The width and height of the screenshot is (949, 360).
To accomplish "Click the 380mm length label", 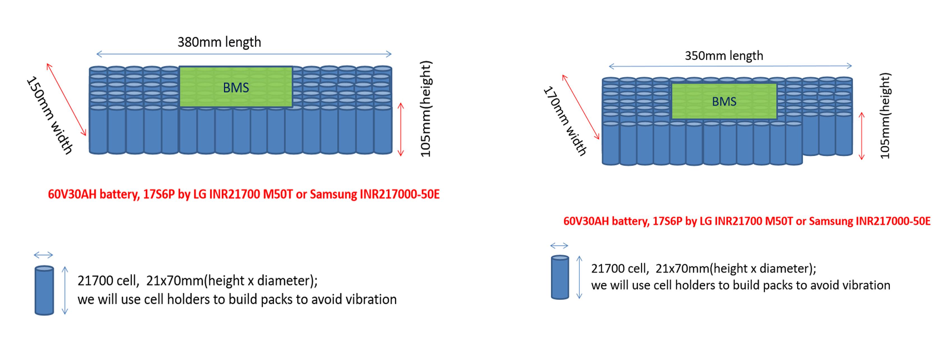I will point(219,42).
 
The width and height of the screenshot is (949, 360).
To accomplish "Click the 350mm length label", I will point(724,56).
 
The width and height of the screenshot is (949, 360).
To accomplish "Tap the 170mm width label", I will point(565,121).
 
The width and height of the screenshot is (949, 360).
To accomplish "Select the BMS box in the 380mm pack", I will point(236,87).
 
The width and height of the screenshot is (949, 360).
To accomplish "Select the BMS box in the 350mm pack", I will point(724,101).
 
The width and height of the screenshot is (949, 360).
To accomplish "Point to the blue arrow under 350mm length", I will point(730,66).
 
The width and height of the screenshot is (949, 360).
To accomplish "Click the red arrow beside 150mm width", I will point(66,99).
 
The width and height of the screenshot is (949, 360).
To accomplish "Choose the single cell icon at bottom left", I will point(44,290).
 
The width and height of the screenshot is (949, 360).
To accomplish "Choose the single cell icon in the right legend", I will point(560,277).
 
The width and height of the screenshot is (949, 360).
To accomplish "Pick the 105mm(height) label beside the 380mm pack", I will point(426,109).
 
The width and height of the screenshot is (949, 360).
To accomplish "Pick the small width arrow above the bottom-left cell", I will point(43,255).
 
